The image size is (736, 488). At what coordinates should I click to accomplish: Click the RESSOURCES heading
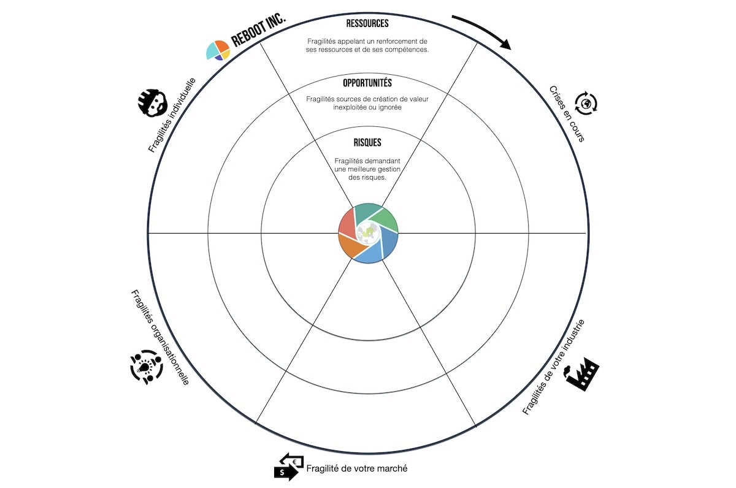click(367, 23)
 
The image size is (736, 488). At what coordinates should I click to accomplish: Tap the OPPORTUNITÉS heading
click(367, 83)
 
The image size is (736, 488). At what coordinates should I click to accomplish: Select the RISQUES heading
click(367, 142)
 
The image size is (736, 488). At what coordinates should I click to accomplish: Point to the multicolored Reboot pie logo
click(218, 50)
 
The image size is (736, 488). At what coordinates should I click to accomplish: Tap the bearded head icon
click(153, 103)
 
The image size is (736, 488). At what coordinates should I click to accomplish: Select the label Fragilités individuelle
click(172, 115)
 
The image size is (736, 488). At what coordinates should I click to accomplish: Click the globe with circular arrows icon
click(586, 104)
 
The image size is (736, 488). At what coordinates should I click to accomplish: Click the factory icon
click(581, 374)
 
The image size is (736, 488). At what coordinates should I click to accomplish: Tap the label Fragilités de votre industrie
click(554, 367)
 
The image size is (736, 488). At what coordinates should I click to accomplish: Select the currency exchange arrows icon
click(289, 467)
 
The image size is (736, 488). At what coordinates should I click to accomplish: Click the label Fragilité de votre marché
click(357, 468)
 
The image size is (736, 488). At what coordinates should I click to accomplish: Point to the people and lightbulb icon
click(147, 367)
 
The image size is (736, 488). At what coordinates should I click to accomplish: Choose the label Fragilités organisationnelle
click(160, 337)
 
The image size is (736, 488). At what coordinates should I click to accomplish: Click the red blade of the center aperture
click(347, 223)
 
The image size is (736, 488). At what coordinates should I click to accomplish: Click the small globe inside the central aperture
click(368, 233)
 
